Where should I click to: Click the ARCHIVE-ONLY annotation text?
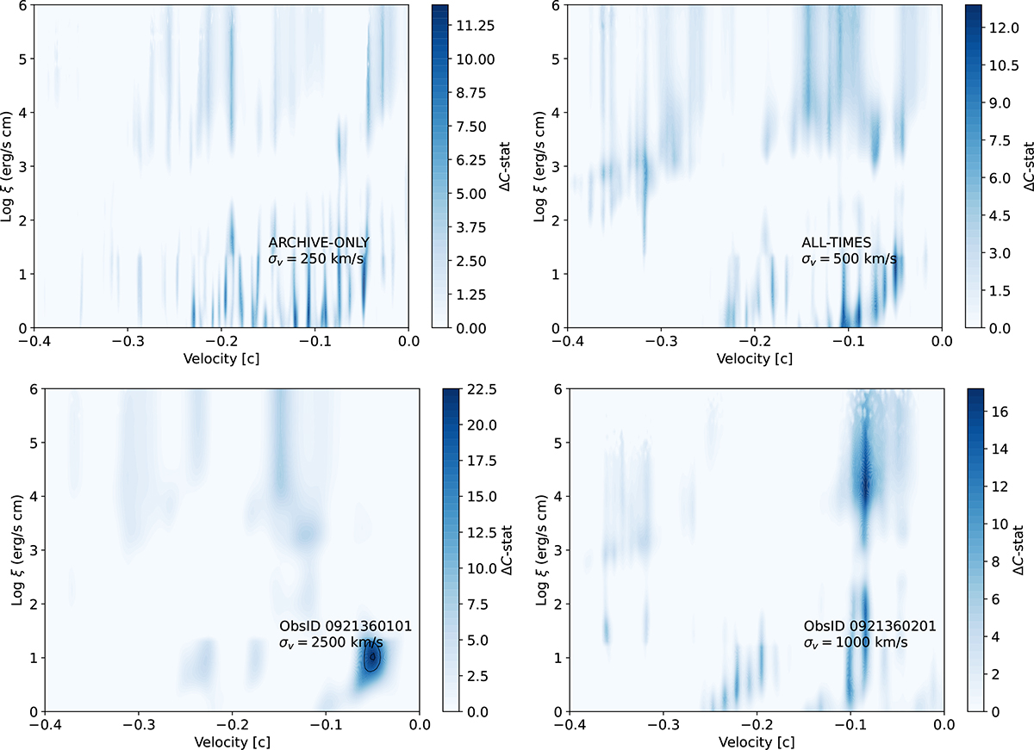click(319, 243)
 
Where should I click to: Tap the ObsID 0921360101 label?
click(334, 625)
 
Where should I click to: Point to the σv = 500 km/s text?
click(849, 258)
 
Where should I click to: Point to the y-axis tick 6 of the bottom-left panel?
click(31, 390)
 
